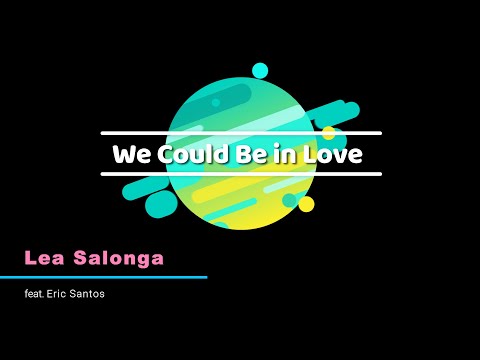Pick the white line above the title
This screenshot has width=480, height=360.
point(241,133)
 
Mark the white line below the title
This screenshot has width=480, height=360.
point(241,174)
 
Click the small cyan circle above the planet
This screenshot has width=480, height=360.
point(260,70)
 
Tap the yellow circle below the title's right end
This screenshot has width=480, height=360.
point(306,204)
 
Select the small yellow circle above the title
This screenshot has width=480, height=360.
point(328,132)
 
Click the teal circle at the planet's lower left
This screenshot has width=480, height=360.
point(161,204)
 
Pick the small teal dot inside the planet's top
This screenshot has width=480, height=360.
point(215,102)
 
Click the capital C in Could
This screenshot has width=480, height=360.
point(160,155)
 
